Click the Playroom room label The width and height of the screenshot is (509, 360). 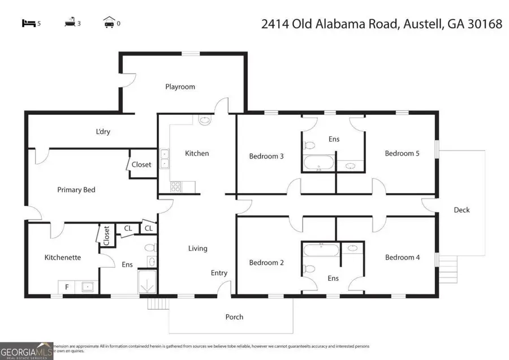click(180, 87)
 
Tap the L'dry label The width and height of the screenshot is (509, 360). click(103, 131)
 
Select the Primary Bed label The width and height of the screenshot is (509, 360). click(76, 190)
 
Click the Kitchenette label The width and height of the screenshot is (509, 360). click(63, 257)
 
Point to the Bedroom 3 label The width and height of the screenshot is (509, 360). click(266, 156)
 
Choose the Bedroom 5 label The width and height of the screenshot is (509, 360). click(402, 153)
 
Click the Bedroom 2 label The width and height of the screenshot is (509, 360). click(266, 262)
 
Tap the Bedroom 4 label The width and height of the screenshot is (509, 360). click(402, 257)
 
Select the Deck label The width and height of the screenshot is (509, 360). click(461, 209)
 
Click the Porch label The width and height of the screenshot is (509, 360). click(234, 316)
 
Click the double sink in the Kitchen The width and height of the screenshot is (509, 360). click(164, 158)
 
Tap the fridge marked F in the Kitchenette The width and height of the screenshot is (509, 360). click(67, 287)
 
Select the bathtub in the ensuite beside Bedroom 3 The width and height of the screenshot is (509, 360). click(318, 164)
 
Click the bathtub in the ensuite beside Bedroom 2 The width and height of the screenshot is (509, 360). click(320, 250)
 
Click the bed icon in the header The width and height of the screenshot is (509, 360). click(28, 23)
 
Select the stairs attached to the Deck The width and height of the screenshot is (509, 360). click(448, 263)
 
